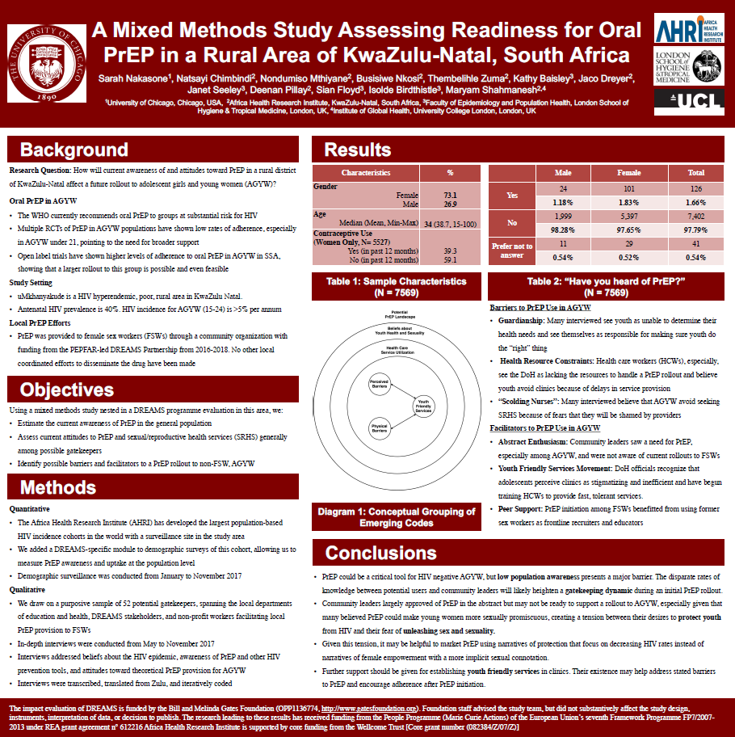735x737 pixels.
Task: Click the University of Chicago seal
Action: point(45,62)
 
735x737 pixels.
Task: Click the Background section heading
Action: point(73,150)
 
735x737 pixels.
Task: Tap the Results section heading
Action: point(358,150)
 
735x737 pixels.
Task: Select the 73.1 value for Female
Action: point(450,196)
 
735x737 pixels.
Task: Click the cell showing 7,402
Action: point(695,217)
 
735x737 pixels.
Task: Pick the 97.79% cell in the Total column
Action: point(695,230)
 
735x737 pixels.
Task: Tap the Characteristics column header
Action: point(366,173)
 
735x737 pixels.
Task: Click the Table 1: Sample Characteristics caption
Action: point(397,287)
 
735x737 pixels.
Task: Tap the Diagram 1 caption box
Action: point(397,518)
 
